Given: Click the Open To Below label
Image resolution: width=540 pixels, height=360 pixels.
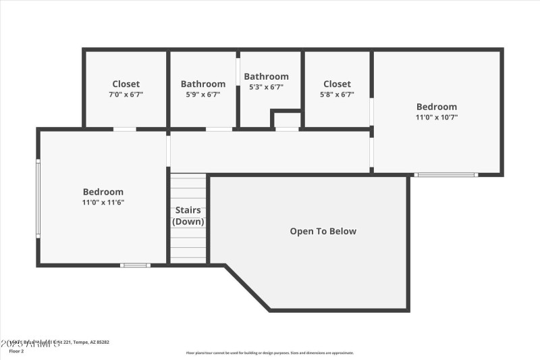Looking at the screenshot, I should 323,231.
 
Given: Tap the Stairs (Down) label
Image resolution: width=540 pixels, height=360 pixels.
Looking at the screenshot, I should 188,215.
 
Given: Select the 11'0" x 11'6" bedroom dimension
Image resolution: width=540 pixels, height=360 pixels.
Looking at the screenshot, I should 103,202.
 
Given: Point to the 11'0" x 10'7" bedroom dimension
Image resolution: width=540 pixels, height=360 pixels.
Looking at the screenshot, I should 436,117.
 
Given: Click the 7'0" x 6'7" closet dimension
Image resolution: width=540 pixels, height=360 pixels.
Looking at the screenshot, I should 126,95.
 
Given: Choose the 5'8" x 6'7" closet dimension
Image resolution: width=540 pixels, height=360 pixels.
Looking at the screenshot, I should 337,95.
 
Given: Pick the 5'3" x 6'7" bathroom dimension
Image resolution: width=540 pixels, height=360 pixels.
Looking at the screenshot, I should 266,86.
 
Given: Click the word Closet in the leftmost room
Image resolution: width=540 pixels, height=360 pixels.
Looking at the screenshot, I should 126,84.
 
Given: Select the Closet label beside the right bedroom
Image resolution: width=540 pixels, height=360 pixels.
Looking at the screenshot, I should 337,84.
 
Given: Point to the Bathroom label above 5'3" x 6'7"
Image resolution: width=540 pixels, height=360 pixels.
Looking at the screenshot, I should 266,76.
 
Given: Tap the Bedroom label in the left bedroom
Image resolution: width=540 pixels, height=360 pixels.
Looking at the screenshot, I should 103,192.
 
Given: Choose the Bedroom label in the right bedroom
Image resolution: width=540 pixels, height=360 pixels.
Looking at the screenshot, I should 436,107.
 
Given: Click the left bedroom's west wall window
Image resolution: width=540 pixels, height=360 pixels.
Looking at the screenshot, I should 38,197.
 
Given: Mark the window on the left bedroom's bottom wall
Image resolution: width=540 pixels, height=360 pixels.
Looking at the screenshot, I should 135,265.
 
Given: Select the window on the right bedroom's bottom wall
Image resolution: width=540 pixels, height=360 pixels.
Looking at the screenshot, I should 446,175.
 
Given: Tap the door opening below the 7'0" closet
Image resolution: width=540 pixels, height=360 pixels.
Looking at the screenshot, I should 124,129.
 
